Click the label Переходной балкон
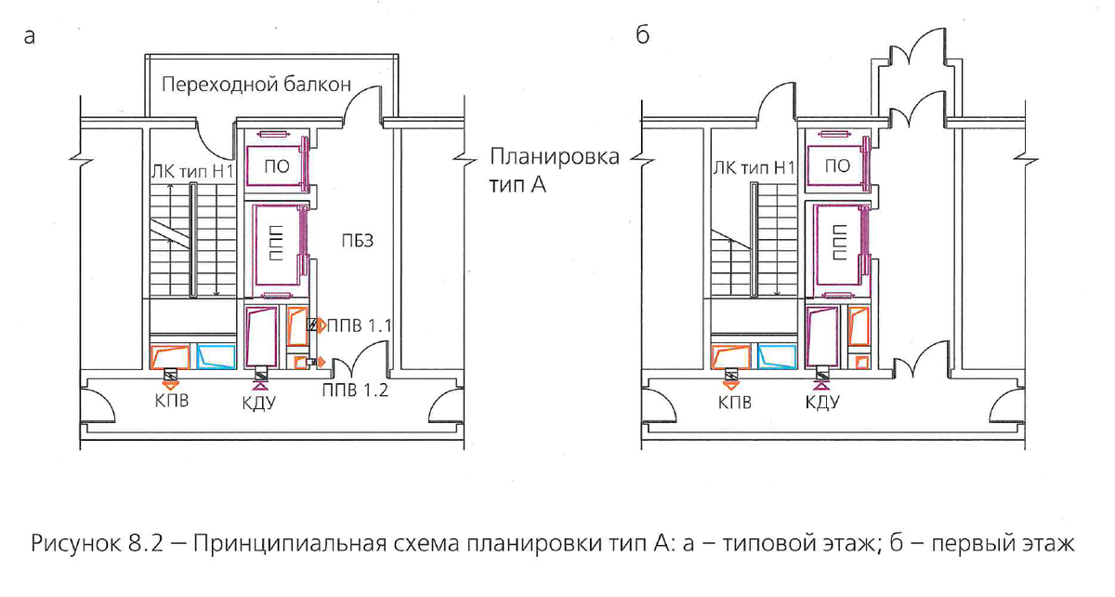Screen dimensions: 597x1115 pos(256,86)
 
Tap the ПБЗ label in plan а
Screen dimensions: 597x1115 pos(350,243)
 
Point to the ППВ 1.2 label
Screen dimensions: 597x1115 pos(356,391)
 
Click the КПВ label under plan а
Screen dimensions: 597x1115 pos(171,404)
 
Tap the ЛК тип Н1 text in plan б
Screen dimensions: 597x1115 pos(754,168)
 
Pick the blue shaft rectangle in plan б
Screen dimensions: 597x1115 pos(777,357)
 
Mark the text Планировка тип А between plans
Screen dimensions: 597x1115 pos(554,170)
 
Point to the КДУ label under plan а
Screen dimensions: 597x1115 pos(261,404)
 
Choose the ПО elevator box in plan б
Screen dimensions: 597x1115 pos(836,166)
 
